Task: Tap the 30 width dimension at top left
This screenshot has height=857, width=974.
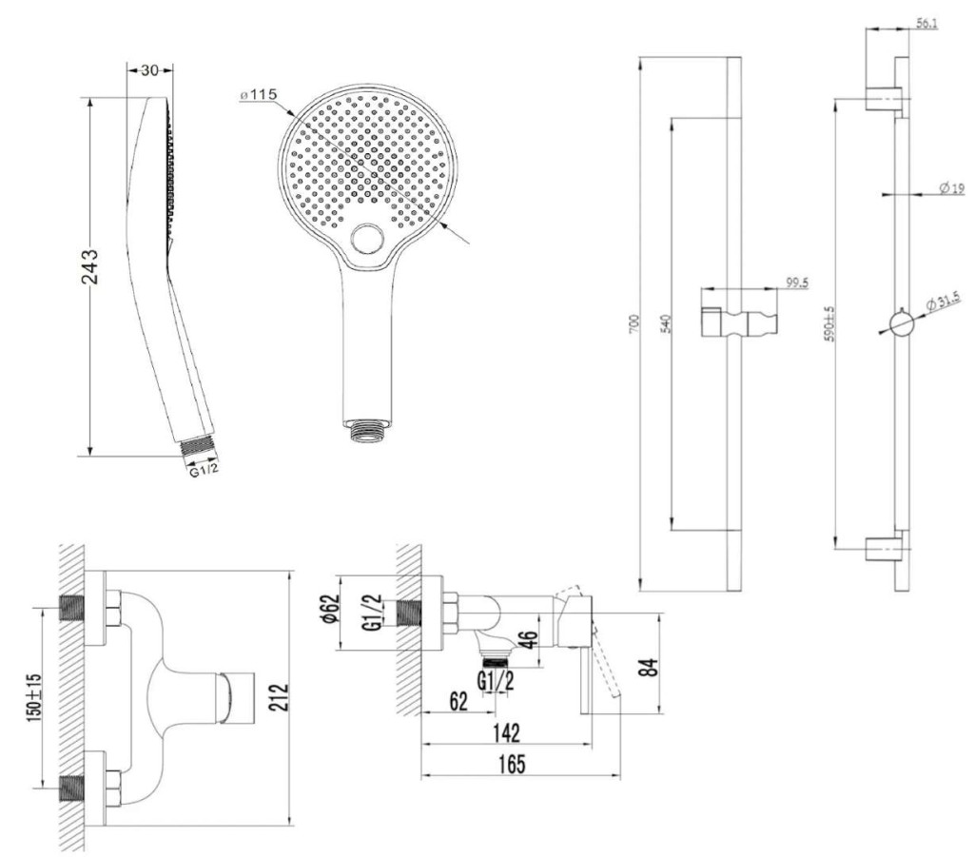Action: point(149,69)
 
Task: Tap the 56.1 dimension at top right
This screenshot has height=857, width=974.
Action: point(926,21)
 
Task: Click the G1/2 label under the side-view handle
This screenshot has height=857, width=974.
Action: point(497,681)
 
